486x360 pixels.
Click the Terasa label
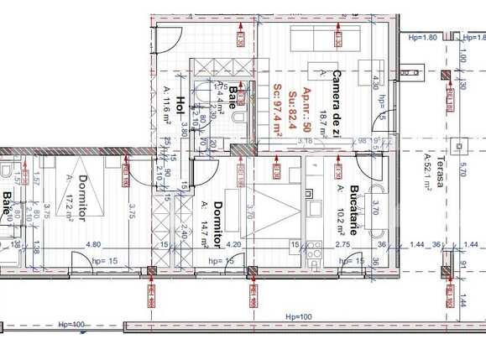pyautogui.click(x=438, y=168)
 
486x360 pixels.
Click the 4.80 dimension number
pyautogui.click(x=94, y=244)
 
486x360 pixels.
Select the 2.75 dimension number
pyautogui.click(x=342, y=244)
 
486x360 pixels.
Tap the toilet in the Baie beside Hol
pyautogui.click(x=238, y=124)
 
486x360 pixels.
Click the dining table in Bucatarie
pyautogui.click(x=375, y=210)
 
